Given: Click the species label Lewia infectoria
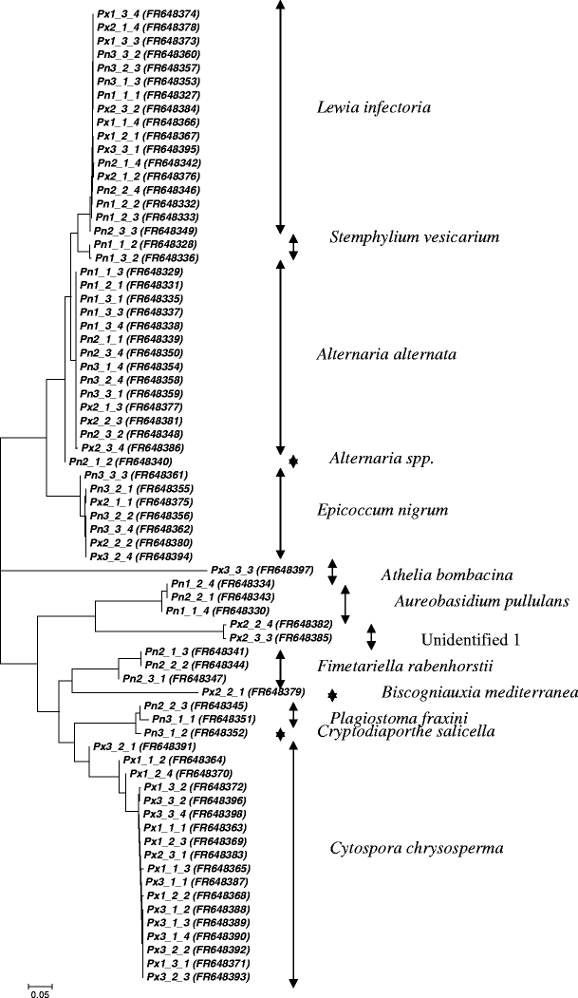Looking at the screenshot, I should tap(374, 107).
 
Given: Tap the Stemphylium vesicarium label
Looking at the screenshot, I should tap(415, 236).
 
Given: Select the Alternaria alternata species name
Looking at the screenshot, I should tap(386, 354).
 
